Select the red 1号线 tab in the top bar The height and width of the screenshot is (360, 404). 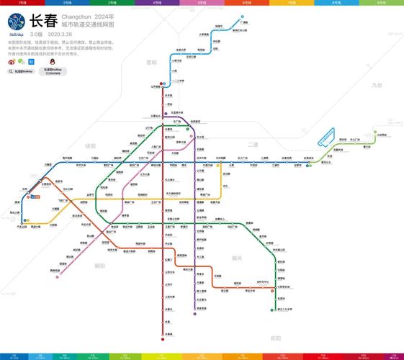tap(22, 3)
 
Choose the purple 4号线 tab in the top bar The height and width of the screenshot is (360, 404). tap(157, 3)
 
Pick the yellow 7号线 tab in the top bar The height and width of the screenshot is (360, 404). tap(292, 3)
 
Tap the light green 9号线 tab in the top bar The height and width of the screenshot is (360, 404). tap(381, 3)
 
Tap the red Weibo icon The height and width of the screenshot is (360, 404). tap(12, 62)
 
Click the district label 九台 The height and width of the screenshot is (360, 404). tap(377, 85)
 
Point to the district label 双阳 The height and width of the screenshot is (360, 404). tap(274, 338)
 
